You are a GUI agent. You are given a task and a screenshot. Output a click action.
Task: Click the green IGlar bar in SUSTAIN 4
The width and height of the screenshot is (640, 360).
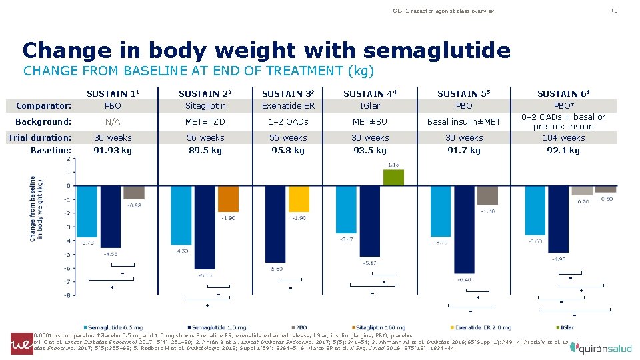[393, 177]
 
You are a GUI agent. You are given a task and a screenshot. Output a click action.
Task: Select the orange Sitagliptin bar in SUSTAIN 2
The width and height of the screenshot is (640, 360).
[228, 199]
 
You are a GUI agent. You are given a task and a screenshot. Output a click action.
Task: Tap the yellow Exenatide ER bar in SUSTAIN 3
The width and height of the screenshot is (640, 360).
[299, 199]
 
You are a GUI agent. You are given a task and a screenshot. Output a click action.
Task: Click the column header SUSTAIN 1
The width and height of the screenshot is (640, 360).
[109, 94]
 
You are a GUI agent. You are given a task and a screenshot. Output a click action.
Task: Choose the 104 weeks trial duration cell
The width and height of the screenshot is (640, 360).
[563, 138]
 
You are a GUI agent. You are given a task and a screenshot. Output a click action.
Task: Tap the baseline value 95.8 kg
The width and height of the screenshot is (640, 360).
[288, 151]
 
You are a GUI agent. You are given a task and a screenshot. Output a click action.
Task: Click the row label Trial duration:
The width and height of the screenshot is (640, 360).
[39, 138]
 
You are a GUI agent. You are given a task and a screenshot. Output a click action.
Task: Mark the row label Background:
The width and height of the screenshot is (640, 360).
[43, 122]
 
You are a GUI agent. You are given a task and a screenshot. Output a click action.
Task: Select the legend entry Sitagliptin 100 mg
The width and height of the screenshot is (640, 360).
[380, 327]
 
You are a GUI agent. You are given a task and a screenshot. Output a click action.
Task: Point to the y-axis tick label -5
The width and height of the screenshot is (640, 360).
[67, 255]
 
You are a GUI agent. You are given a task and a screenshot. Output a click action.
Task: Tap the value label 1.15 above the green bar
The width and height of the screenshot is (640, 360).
[393, 165]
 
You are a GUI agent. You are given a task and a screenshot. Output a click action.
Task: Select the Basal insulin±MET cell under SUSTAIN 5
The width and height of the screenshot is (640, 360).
[464, 122]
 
